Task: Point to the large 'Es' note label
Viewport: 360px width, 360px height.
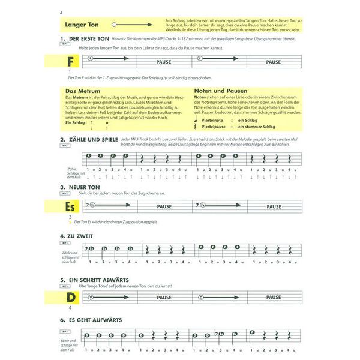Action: [71, 207]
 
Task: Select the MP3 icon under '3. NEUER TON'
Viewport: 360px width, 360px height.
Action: [63, 194]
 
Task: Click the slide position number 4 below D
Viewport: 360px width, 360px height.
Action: [70, 308]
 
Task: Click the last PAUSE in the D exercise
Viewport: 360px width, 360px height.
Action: [273, 297]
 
